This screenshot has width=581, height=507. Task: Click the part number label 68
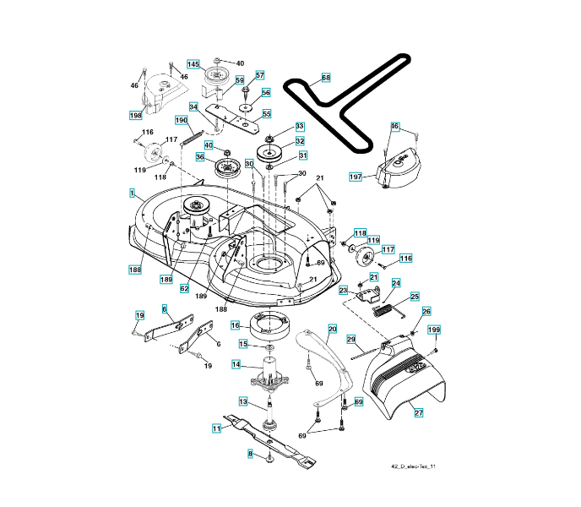click(x=326, y=77)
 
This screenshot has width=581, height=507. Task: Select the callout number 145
click(x=193, y=64)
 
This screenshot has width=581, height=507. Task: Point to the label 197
click(x=356, y=176)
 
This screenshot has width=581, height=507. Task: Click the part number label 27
click(x=417, y=412)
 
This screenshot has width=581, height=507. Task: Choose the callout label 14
click(x=237, y=364)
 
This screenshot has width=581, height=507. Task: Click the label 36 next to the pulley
click(x=200, y=156)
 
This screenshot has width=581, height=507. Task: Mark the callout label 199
click(x=433, y=329)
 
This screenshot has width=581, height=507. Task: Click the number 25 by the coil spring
click(x=415, y=297)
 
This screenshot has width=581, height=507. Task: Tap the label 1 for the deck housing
click(x=132, y=194)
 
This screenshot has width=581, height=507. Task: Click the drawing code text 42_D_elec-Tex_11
click(x=413, y=466)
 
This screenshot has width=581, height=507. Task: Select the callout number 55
click(x=266, y=114)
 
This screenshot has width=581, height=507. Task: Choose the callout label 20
click(x=332, y=329)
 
